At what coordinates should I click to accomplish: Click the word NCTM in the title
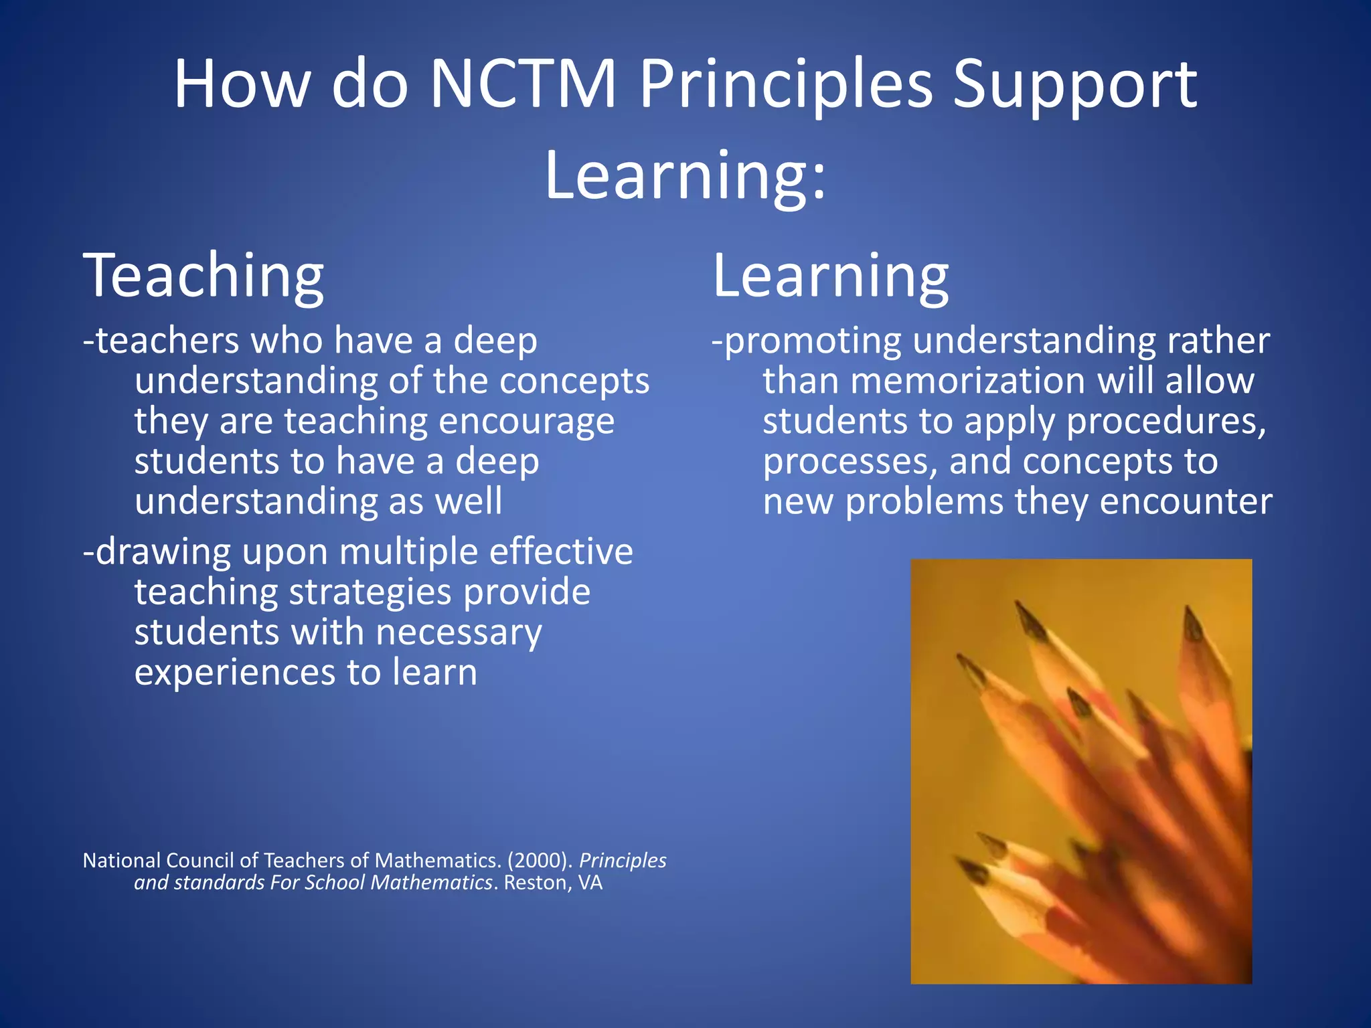pyautogui.click(x=523, y=84)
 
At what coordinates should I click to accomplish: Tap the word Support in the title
pyautogui.click(x=1075, y=84)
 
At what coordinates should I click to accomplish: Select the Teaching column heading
pyautogui.click(x=204, y=276)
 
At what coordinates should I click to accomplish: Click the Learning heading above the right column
pyautogui.click(x=831, y=276)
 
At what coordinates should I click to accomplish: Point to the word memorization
pyautogui.click(x=968, y=381)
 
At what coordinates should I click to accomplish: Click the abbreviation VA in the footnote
pyautogui.click(x=590, y=883)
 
